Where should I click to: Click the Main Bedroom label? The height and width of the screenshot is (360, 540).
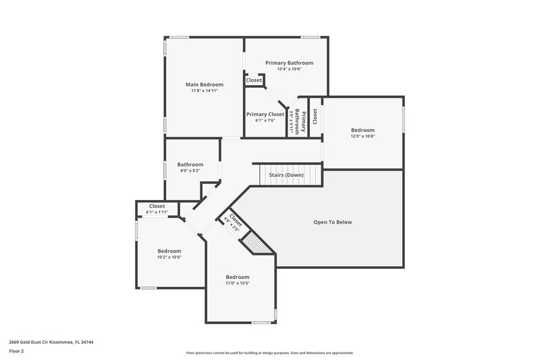click(204, 84)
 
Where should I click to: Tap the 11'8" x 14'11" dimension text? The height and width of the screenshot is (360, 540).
click(204, 91)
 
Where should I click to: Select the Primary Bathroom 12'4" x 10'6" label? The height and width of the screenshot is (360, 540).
click(289, 66)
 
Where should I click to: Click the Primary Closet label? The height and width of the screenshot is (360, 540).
click(265, 114)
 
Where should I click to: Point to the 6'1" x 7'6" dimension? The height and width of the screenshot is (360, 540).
click(265, 121)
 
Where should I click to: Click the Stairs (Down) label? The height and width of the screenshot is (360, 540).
click(286, 175)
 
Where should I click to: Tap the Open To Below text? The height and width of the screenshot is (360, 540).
click(333, 222)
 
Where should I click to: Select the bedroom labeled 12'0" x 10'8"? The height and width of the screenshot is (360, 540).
click(362, 132)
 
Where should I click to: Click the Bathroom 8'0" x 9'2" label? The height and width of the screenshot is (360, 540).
click(190, 168)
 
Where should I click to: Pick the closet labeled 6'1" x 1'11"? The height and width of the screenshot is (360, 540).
click(157, 209)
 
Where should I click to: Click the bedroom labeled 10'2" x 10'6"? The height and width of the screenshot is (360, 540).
click(169, 253)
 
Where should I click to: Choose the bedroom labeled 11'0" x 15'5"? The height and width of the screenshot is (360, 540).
click(238, 280)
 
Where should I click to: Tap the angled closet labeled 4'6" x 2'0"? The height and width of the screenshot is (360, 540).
click(233, 222)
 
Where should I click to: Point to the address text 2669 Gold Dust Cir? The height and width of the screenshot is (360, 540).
click(51, 342)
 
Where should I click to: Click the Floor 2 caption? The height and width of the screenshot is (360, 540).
click(16, 351)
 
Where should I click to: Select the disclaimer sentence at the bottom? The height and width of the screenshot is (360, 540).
click(270, 353)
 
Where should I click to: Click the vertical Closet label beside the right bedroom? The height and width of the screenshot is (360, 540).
click(315, 117)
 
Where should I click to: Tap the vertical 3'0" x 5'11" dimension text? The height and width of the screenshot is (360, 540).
click(292, 121)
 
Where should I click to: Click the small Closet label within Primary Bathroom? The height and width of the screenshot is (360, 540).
click(254, 80)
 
